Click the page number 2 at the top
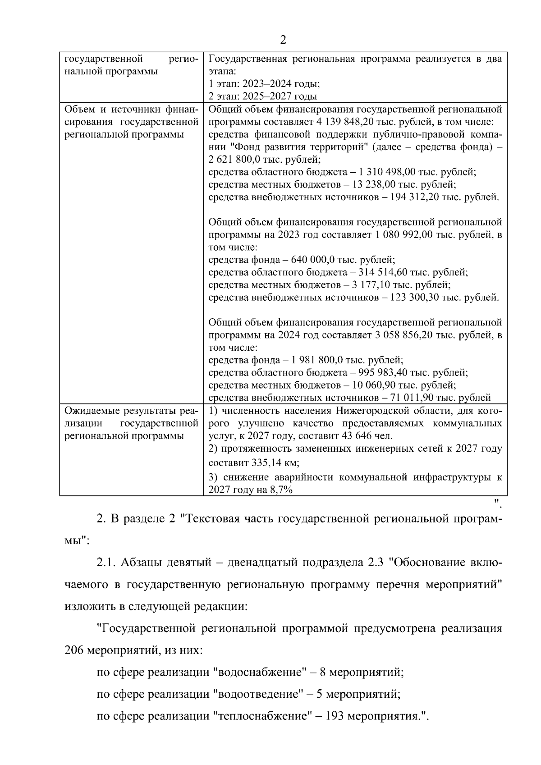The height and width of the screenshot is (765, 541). click(x=283, y=40)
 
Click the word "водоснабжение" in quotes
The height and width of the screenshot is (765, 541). click(x=259, y=673)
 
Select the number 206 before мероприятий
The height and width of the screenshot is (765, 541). click(x=74, y=651)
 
